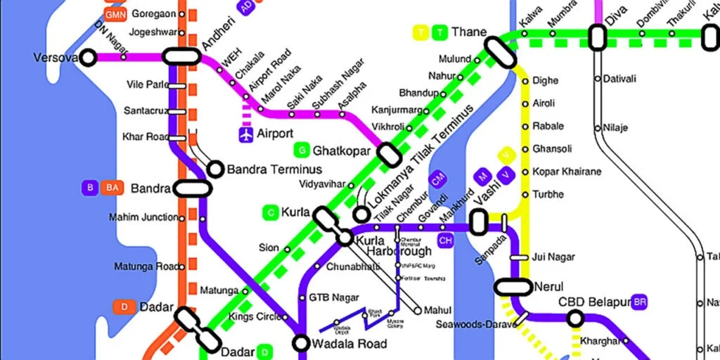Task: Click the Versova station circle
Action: click(x=88, y=58)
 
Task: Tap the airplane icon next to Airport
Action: click(x=246, y=134)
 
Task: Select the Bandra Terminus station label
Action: click(x=274, y=169)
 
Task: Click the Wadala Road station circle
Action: click(x=302, y=343)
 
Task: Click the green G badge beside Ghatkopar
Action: click(x=302, y=150)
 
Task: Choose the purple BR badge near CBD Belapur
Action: click(x=639, y=302)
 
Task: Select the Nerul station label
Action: click(x=548, y=287)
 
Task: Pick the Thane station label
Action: click(x=469, y=32)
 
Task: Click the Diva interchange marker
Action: click(x=598, y=37)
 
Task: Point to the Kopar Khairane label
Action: click(x=567, y=172)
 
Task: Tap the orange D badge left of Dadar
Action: click(x=124, y=307)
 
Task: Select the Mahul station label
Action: click(x=437, y=310)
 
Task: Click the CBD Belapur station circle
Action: click(x=575, y=319)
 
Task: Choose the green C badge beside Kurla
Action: click(x=271, y=212)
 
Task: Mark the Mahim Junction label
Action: click(x=143, y=217)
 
